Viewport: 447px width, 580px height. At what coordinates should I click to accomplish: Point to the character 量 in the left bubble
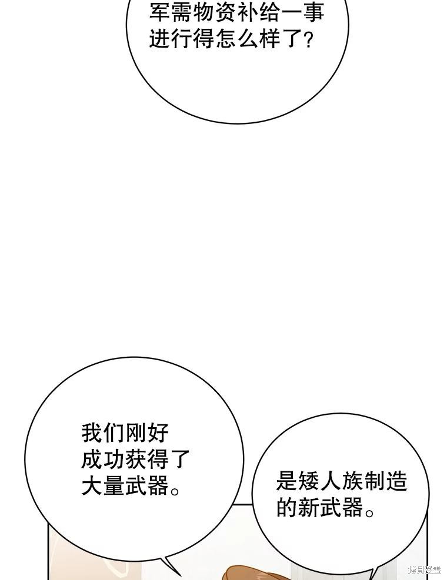pyautogui.click(x=114, y=485)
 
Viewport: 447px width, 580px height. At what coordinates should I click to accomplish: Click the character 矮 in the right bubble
pyautogui.click(x=309, y=481)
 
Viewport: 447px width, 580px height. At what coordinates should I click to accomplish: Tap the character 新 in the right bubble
pyautogui.click(x=309, y=507)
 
